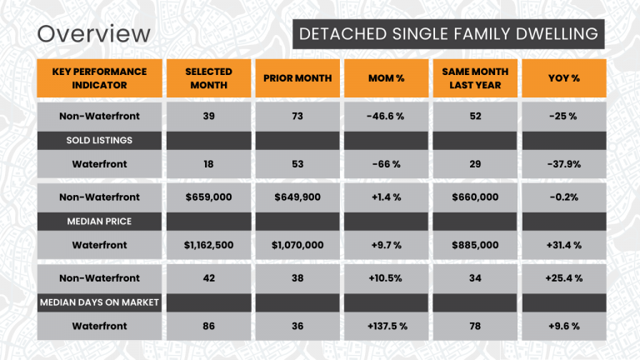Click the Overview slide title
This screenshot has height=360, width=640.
94,33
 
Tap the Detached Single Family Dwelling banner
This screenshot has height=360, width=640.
447,33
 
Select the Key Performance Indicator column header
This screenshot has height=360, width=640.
99,78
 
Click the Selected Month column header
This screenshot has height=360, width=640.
208,78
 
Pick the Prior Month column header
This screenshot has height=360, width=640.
297,78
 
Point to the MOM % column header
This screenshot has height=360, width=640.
385,78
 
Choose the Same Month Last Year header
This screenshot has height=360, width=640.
475,78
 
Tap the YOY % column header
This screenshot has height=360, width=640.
563,78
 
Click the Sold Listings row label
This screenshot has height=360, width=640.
99,140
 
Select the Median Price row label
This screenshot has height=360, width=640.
99,221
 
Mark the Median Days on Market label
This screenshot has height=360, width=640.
99,302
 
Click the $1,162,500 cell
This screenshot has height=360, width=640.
208,245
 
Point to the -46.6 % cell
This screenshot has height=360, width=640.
385,116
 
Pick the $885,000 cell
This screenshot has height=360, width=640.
475,245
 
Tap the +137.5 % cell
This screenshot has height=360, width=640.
385,326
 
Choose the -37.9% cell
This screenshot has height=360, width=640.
563,164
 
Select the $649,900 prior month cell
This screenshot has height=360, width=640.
297,197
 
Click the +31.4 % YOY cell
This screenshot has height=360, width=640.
563,245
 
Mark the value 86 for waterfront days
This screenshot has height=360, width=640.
208,326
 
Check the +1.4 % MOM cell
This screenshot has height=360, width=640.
385,197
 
